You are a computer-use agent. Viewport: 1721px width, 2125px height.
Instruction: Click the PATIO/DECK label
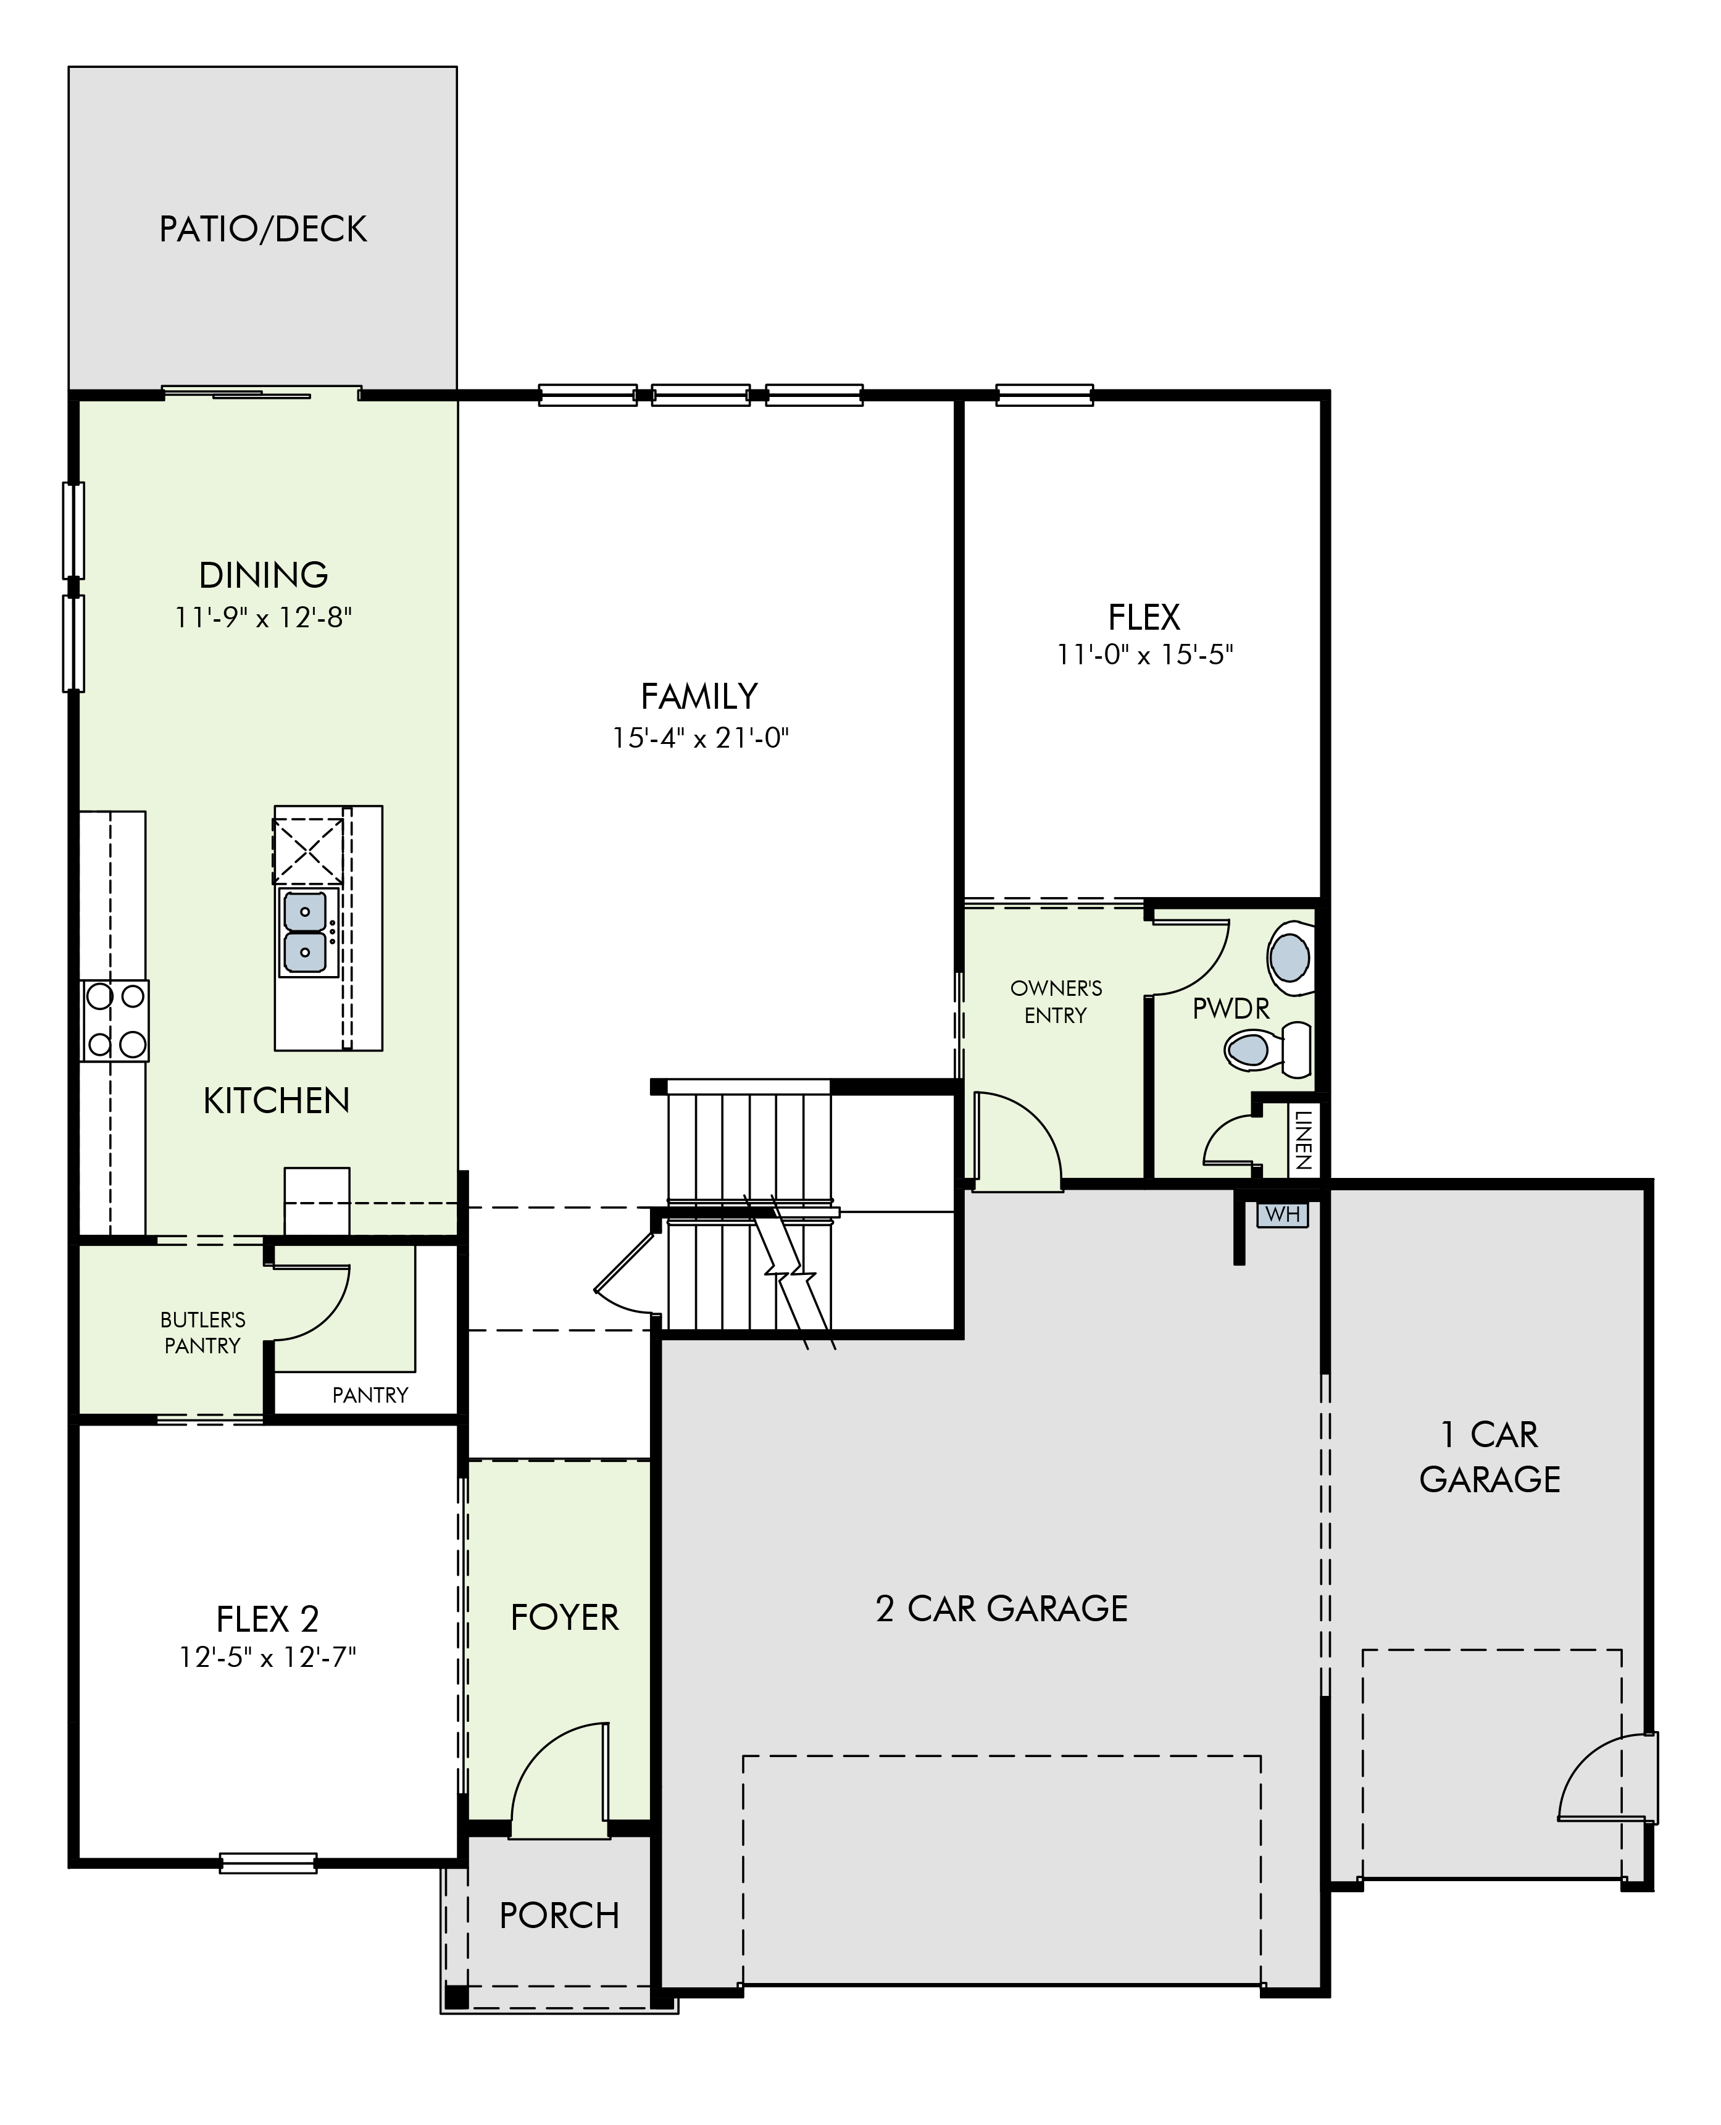pos(263,229)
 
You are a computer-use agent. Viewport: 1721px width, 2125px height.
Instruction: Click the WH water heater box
pos(1283,1214)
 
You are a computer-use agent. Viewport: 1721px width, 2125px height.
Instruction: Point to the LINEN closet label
pos(1304,1139)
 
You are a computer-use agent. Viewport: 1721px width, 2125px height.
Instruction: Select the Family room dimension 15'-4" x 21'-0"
pos(700,739)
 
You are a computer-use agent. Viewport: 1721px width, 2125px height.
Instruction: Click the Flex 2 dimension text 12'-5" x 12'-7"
pos(268,1657)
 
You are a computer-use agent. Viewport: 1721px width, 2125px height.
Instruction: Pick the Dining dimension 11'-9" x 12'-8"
pos(264,618)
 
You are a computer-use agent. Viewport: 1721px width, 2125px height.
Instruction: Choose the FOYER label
pos(564,1618)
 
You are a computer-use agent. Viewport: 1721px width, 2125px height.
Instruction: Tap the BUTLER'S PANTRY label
pos(202,1333)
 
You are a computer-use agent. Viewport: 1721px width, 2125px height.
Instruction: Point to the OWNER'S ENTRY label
pos(1056,1001)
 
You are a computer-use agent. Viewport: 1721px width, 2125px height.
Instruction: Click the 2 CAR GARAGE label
pos(1001,1608)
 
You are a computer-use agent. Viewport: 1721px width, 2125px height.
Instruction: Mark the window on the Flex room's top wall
pos(1044,395)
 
